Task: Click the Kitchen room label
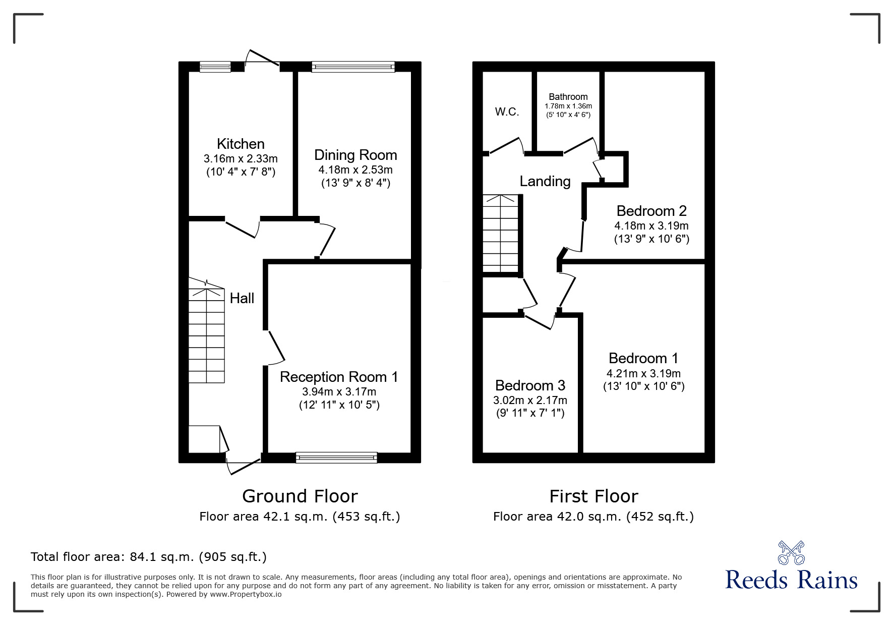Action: tap(241, 144)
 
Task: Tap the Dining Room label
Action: tap(355, 155)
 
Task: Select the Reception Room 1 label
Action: tap(339, 377)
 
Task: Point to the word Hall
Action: tap(242, 298)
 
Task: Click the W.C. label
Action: tap(507, 112)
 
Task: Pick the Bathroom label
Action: tap(568, 97)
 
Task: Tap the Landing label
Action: tap(545, 181)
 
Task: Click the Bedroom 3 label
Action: tap(530, 385)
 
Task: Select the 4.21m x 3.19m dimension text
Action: tap(643, 374)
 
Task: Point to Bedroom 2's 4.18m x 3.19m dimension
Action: tap(651, 225)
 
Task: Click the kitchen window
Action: tap(215, 67)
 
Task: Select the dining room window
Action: tap(353, 67)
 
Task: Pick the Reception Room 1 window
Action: tap(336, 458)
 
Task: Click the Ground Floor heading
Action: tap(300, 496)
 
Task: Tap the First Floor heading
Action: tap(593, 496)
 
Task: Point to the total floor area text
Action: tap(149, 557)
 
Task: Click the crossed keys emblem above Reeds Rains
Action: tap(791, 553)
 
